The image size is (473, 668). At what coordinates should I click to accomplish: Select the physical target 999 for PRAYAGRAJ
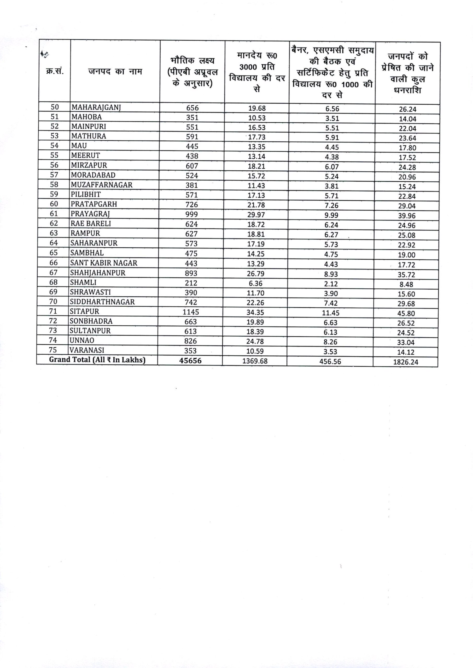pos(192,214)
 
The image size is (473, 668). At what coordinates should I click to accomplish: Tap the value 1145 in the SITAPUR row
pos(191,312)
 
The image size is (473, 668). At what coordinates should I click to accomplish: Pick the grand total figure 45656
pos(190,360)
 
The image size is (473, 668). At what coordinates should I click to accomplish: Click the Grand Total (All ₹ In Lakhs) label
pos(97,360)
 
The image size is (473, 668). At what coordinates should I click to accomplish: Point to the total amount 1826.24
pos(405,362)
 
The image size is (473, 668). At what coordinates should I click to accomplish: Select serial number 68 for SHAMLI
pos(54,282)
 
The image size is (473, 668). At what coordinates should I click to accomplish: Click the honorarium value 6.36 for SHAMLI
pos(255,283)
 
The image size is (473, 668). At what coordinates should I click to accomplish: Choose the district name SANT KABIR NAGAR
pos(103,263)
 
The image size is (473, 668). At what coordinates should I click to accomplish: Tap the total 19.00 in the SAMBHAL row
pos(407,255)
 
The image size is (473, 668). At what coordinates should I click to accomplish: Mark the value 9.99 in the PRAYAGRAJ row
pos(332,215)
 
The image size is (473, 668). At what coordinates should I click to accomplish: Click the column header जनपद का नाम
pos(115,71)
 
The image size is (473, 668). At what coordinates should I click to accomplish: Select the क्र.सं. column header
pos(55,71)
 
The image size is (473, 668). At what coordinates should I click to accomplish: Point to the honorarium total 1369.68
pos(255,361)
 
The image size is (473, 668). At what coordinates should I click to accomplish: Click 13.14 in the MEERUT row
pos(256,157)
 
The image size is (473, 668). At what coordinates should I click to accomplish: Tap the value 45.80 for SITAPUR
pos(406,314)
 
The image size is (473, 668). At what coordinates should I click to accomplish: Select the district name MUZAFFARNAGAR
pos(102,185)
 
